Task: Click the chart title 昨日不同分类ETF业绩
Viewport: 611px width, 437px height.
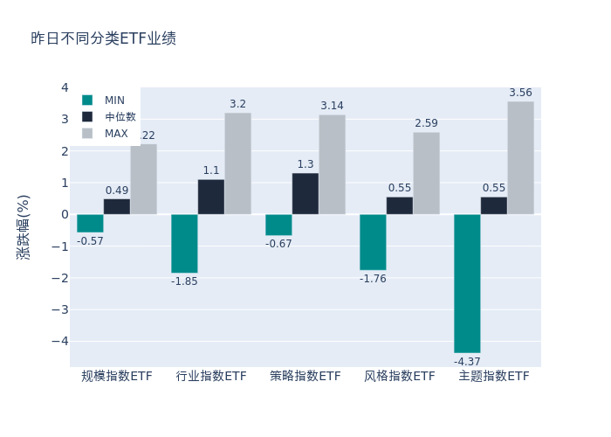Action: [x=103, y=38]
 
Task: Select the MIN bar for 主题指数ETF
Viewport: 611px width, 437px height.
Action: [x=467, y=283]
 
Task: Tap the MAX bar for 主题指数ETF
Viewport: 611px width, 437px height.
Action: [x=520, y=158]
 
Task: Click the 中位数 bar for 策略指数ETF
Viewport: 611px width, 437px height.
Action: [x=305, y=194]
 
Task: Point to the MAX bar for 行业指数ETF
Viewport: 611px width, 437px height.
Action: [x=237, y=163]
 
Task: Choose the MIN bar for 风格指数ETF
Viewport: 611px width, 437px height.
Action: [x=373, y=242]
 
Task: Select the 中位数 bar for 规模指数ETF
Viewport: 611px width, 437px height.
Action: [x=117, y=206]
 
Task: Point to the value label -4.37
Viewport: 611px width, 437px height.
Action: [x=467, y=361]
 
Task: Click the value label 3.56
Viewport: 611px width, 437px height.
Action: [x=520, y=93]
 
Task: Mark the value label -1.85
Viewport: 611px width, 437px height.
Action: [x=184, y=281]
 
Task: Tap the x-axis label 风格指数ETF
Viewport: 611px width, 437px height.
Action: [x=400, y=376]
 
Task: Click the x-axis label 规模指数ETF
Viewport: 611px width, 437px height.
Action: [x=117, y=376]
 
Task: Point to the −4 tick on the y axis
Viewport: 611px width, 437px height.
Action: [x=59, y=341]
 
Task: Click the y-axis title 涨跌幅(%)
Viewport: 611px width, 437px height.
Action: [x=24, y=227]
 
